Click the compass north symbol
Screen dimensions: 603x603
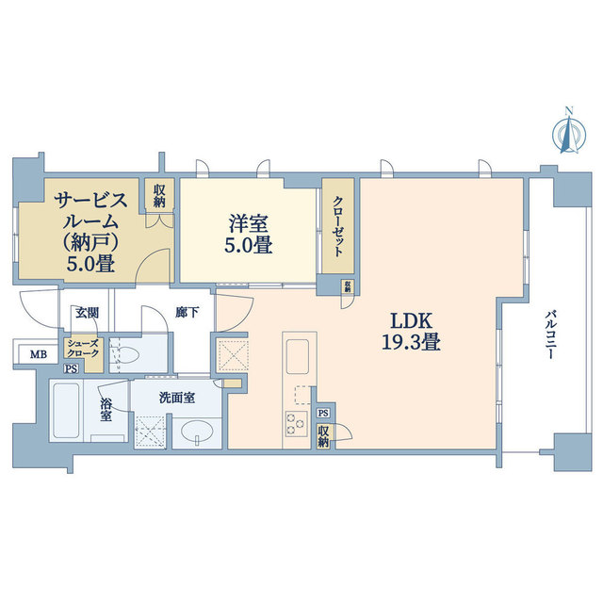click(x=567, y=132)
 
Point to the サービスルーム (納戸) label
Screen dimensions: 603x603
click(x=90, y=231)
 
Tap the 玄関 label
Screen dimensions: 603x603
click(x=88, y=312)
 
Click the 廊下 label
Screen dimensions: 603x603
click(x=187, y=312)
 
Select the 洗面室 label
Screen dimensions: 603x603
click(x=177, y=398)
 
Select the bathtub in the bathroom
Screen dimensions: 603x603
click(x=66, y=411)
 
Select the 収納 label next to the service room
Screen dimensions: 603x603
click(x=159, y=196)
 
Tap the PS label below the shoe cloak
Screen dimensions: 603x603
click(x=71, y=369)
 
